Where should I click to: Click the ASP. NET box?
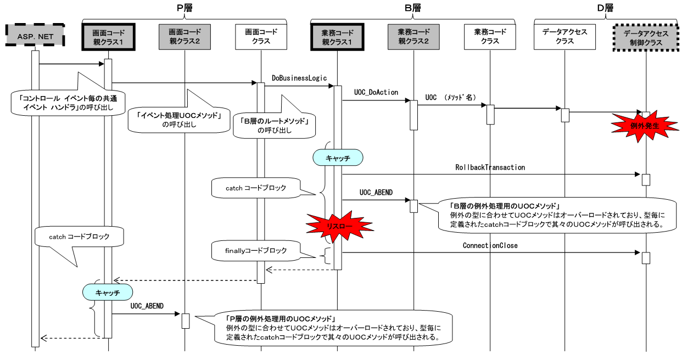(x=35, y=37)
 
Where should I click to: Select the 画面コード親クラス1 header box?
(x=108, y=37)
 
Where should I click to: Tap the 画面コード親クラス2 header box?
(x=184, y=37)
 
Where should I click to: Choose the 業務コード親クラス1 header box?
(x=337, y=37)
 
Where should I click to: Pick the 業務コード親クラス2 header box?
(x=413, y=37)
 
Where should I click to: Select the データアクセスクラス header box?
(x=565, y=37)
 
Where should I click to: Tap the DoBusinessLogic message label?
(x=299, y=78)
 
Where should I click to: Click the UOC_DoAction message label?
(x=376, y=93)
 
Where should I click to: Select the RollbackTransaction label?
(x=490, y=167)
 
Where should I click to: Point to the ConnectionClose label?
(x=490, y=245)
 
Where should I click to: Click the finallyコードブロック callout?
(x=256, y=251)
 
